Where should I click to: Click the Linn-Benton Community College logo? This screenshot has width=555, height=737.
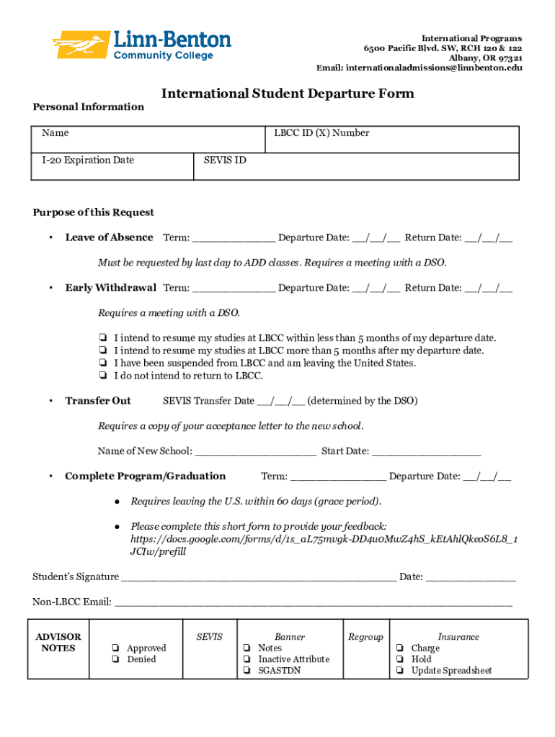[142, 45]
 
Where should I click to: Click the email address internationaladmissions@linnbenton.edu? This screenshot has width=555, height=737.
[435, 68]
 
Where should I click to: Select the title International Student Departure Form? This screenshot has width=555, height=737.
[288, 94]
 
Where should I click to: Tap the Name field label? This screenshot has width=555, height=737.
[55, 133]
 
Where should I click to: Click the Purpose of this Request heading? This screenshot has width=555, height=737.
[94, 212]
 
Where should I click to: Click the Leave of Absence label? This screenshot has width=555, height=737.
[109, 238]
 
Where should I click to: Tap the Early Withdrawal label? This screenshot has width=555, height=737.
[110, 288]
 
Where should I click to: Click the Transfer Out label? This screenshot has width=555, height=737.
[98, 401]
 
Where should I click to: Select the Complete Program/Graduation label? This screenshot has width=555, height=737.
[145, 476]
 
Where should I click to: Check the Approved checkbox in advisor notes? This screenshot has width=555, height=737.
[115, 648]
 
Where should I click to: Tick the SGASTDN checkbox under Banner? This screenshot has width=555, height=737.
[247, 671]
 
